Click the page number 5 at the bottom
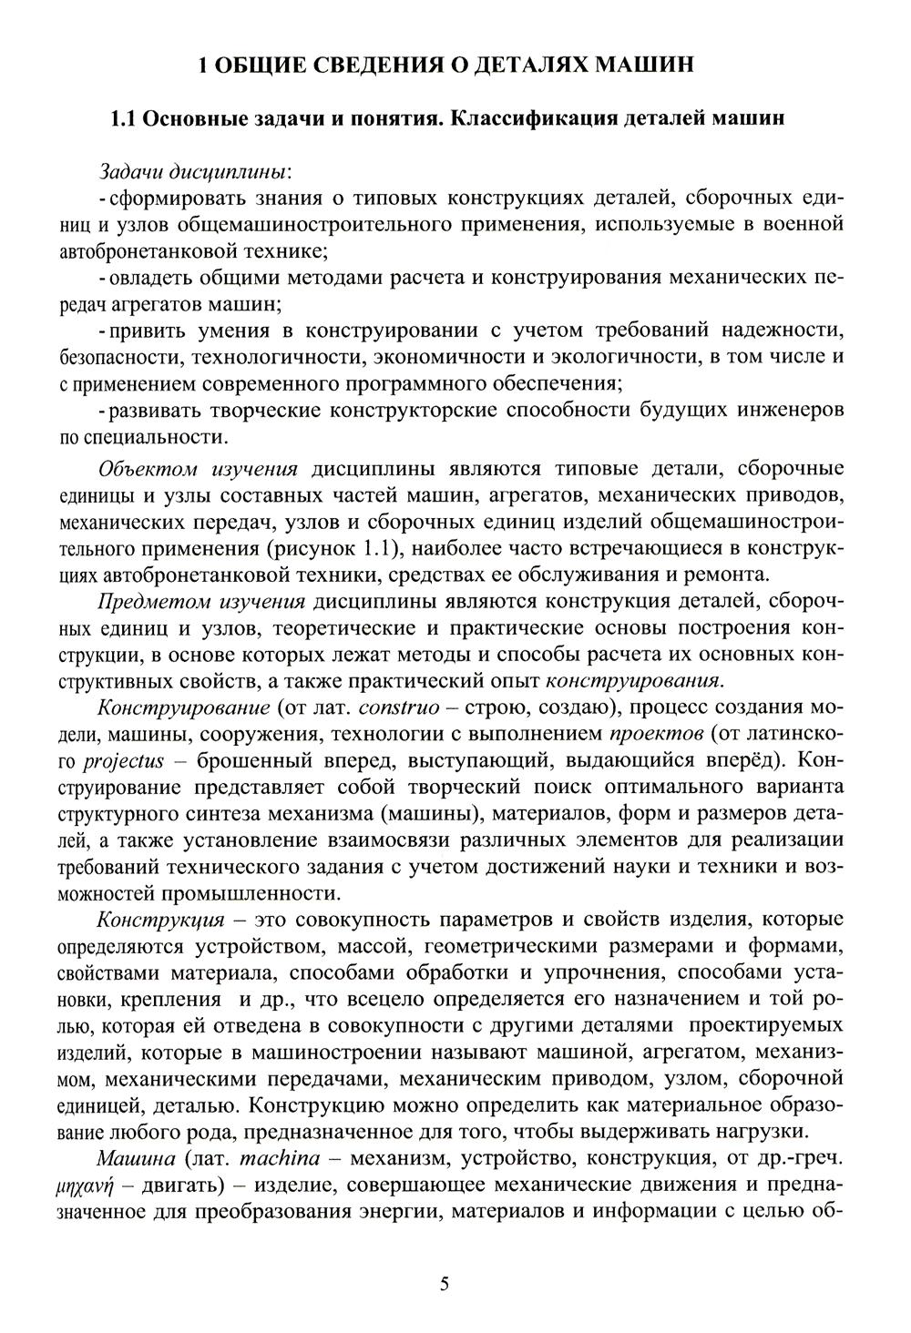tap(445, 1285)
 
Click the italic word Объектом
tap(152, 469)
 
